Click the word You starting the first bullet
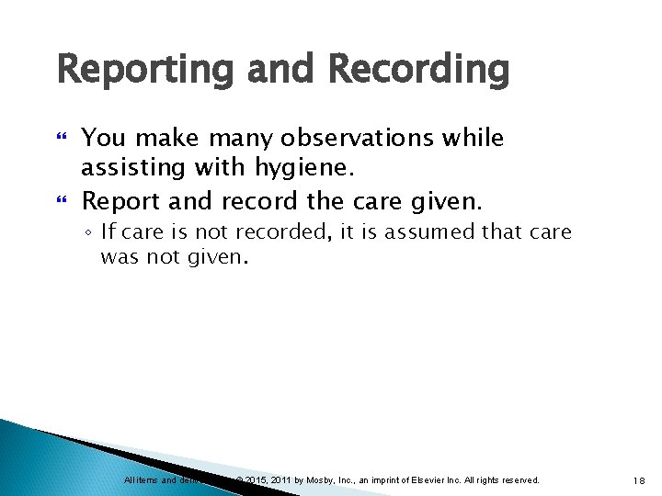click(103, 139)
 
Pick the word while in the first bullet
click(470, 139)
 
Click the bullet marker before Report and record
click(63, 201)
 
